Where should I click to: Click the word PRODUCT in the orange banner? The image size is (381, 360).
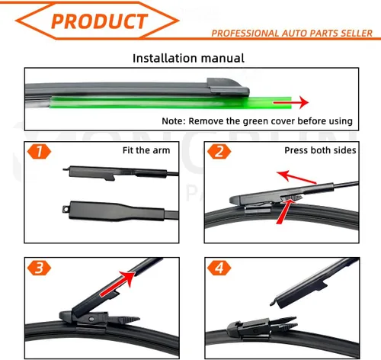99,21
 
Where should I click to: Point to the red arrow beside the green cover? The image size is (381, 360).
291,102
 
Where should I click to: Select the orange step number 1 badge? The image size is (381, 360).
39,152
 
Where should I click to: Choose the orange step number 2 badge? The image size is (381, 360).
219,152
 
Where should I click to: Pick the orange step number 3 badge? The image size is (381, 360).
39,268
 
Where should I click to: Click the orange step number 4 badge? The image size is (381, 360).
219,268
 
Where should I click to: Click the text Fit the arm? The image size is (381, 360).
146,150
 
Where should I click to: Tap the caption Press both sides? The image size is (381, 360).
320,150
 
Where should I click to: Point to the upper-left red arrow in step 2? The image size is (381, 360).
296,177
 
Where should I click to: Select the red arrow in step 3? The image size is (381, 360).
117,284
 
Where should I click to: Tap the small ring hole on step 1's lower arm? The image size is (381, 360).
66,209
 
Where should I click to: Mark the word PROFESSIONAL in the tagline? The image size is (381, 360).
245,33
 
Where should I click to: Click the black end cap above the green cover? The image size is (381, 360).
228,87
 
